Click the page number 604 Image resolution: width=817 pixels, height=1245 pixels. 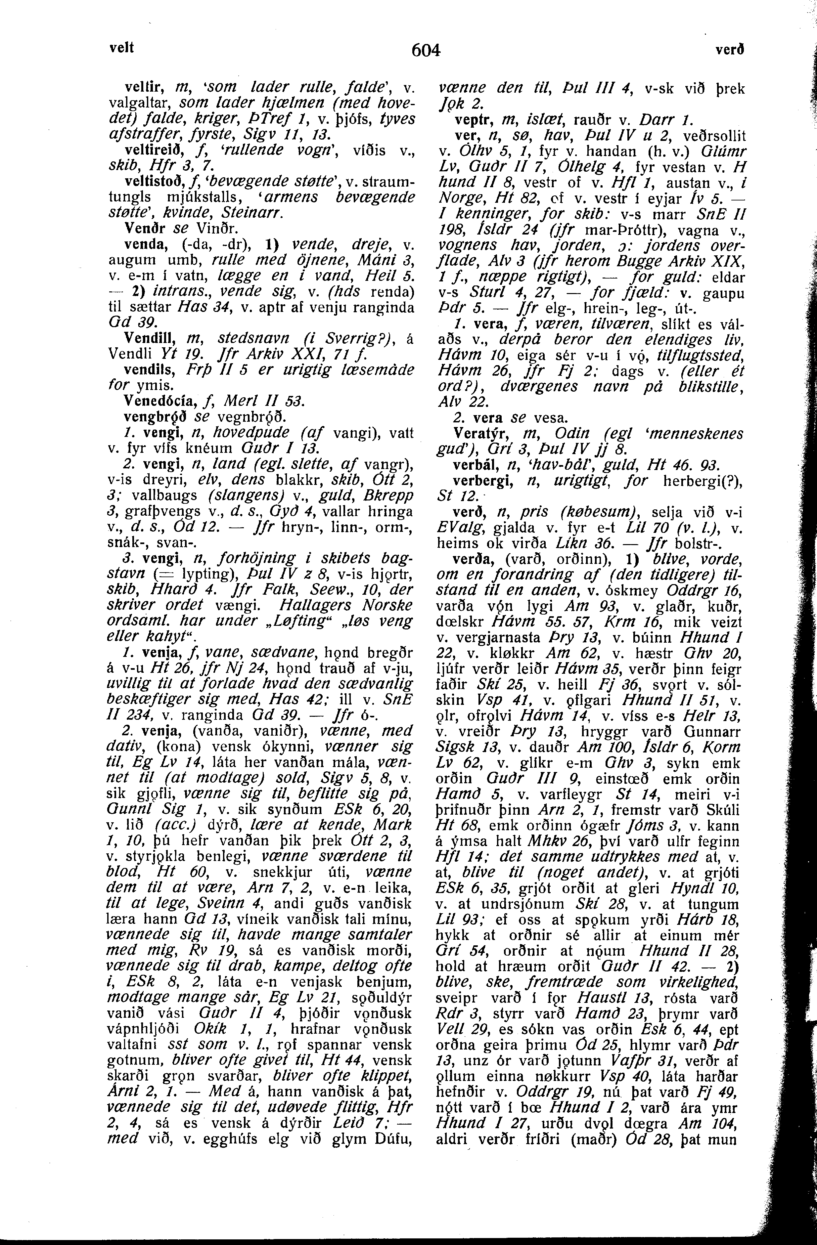(x=427, y=51)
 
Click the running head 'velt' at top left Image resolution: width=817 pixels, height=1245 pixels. (x=121, y=48)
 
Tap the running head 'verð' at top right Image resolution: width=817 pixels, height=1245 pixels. (x=730, y=50)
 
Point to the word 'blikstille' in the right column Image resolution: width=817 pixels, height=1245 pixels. (x=699, y=387)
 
